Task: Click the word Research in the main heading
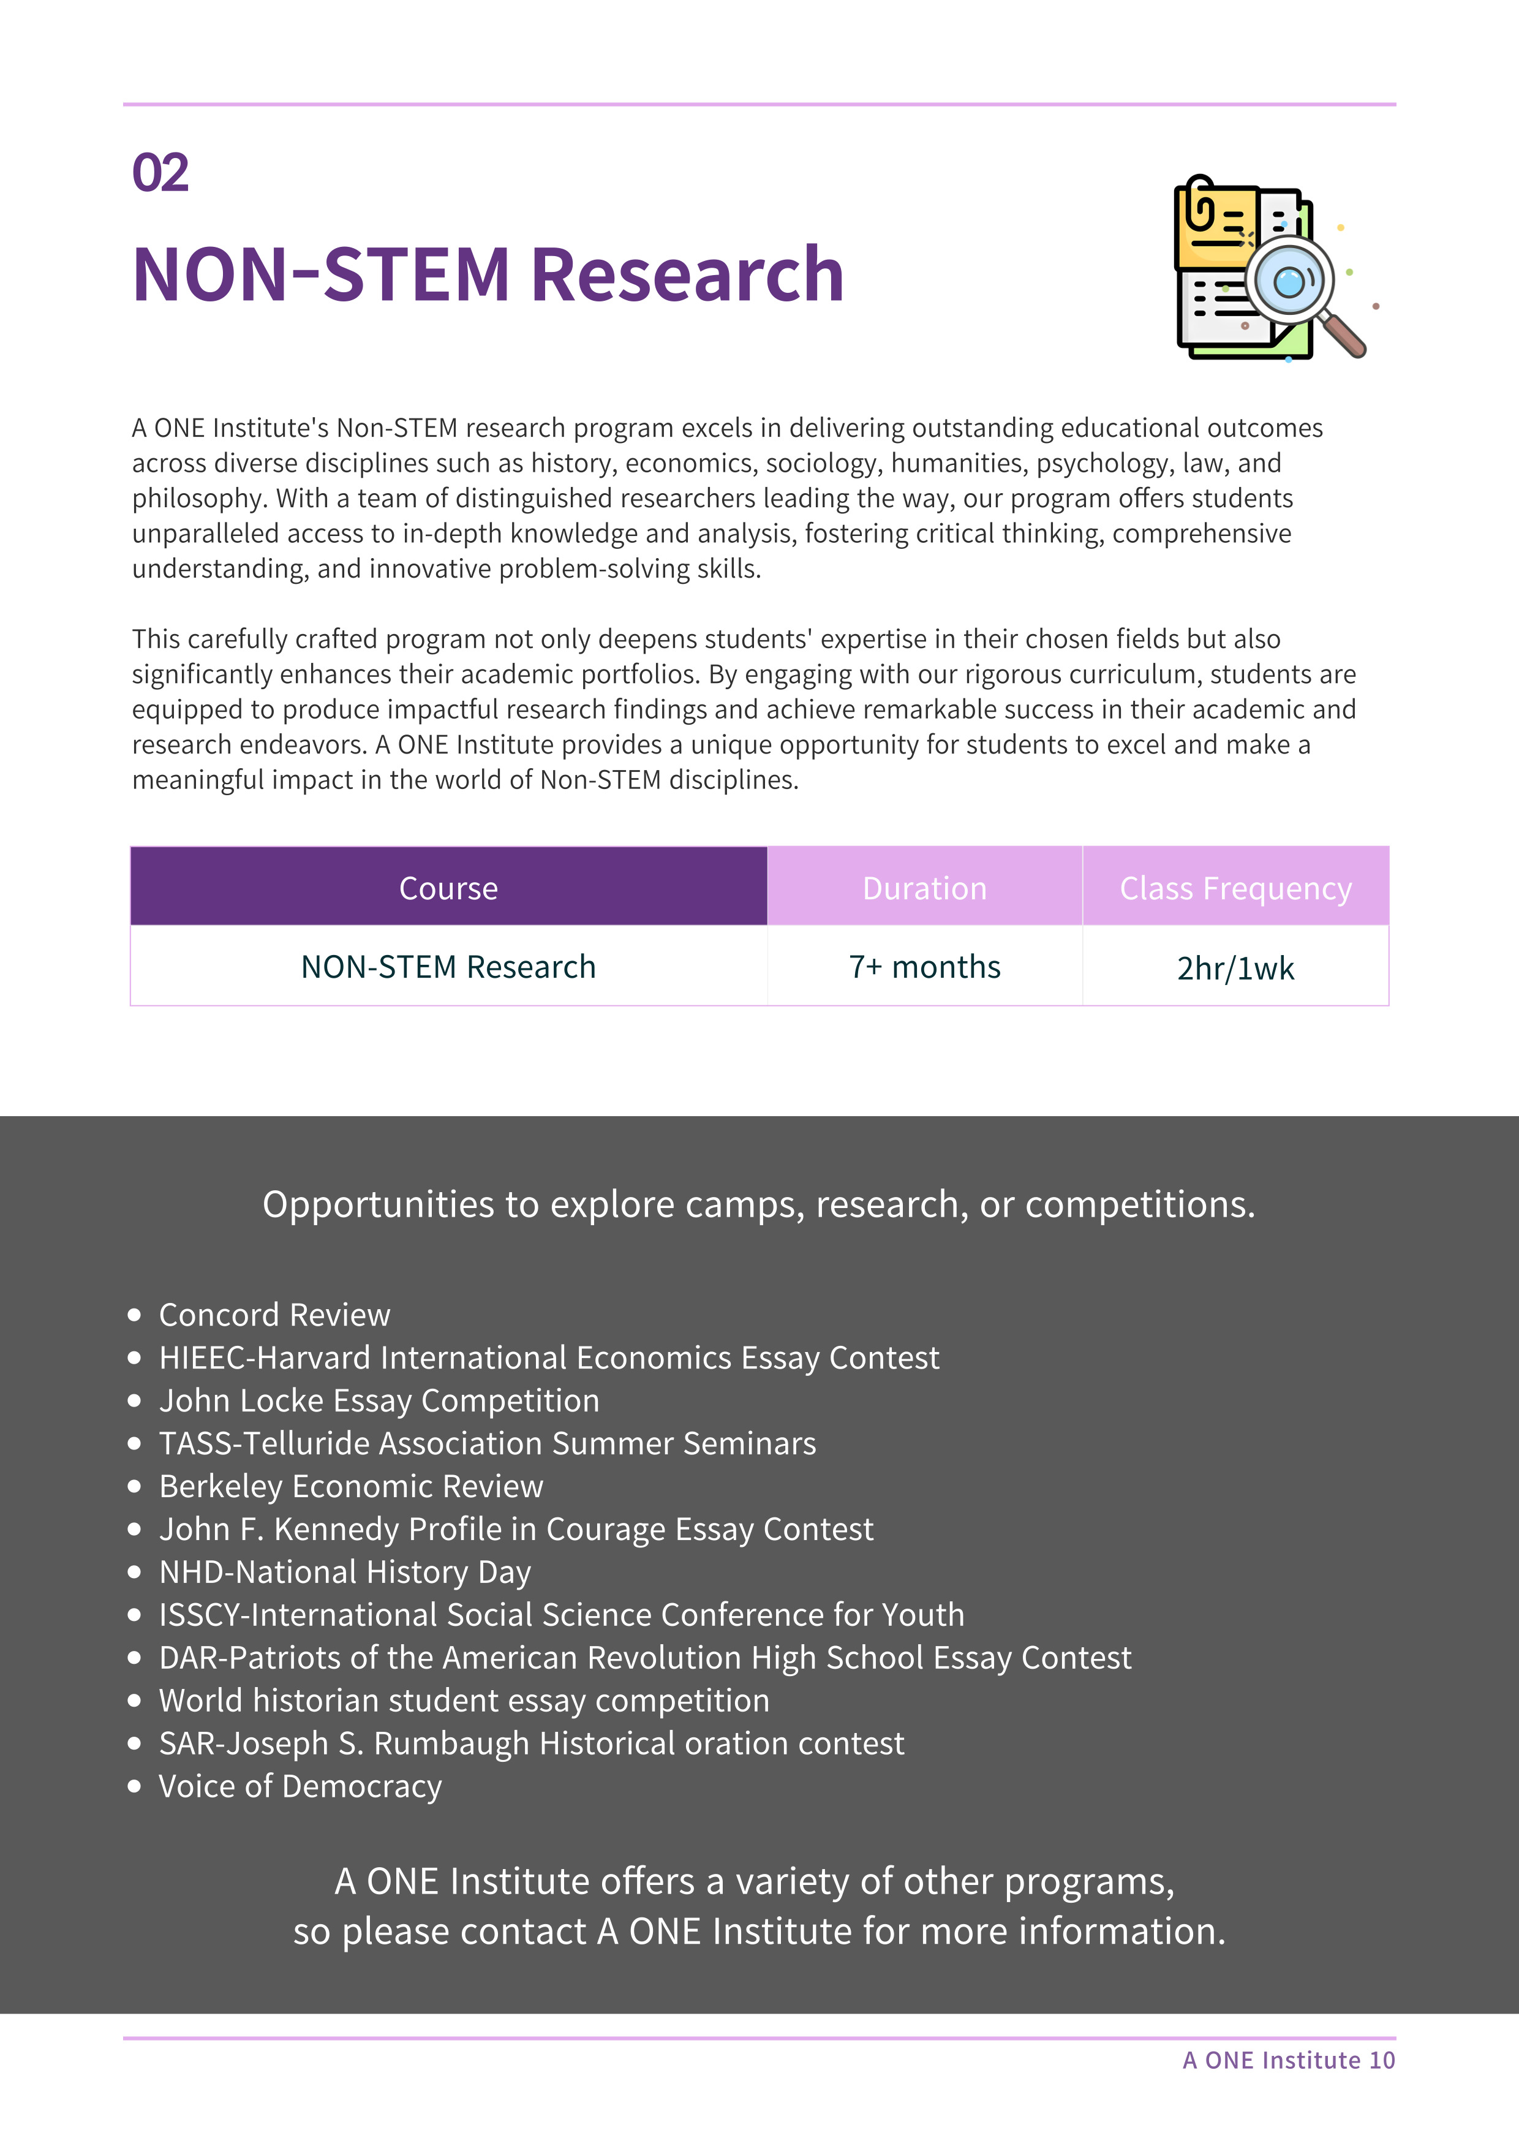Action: pos(687,275)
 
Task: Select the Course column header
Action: pos(448,887)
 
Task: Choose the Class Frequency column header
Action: pos(1235,887)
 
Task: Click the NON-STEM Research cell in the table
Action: pos(448,966)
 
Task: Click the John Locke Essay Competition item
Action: pos(379,1400)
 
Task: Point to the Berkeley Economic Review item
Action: pos(351,1486)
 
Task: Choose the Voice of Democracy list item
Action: pos(300,1786)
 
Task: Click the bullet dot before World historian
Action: pos(135,1701)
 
